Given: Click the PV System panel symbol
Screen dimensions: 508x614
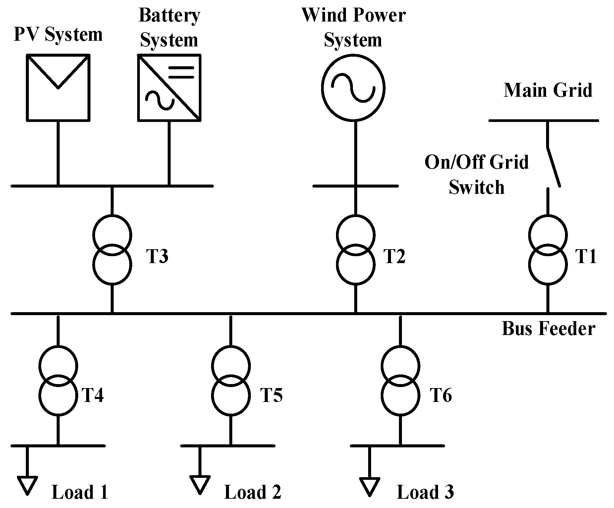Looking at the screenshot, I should [x=58, y=87].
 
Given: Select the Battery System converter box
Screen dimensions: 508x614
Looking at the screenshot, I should [x=169, y=87].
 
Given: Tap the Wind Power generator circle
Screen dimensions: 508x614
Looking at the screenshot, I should [x=353, y=87].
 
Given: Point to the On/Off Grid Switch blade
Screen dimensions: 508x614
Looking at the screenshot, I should [x=553, y=167].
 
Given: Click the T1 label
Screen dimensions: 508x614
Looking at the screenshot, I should [x=586, y=256].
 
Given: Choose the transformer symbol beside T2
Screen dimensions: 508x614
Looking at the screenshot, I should [x=356, y=250].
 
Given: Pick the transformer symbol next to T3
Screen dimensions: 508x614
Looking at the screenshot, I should [x=112, y=250].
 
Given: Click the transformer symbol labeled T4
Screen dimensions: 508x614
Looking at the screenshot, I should [x=58, y=380].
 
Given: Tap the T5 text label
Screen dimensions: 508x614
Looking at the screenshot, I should [x=271, y=395].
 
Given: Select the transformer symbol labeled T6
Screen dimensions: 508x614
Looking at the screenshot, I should [x=401, y=380].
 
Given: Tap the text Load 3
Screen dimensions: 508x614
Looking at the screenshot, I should [x=425, y=492].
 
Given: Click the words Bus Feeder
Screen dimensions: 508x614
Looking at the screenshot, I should [x=548, y=329].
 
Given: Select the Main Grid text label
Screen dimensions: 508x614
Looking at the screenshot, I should [x=548, y=90].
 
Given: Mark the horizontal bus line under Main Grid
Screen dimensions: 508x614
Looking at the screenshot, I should [x=543, y=121].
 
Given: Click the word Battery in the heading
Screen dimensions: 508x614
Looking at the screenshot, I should [x=169, y=15].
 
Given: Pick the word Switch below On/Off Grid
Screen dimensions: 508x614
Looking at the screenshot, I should [x=476, y=187].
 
